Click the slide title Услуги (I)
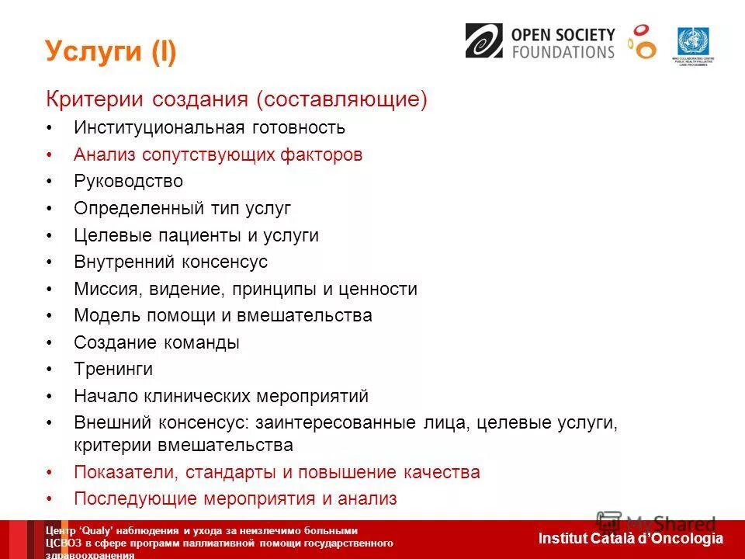pos(111,52)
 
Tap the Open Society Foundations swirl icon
pos(483,40)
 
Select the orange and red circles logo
pos(642,41)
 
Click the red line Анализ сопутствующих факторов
pos(218,155)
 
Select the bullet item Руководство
pos(128,182)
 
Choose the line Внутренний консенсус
pos(170,262)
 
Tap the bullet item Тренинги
pos(113,370)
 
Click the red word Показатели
pos(116,472)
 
